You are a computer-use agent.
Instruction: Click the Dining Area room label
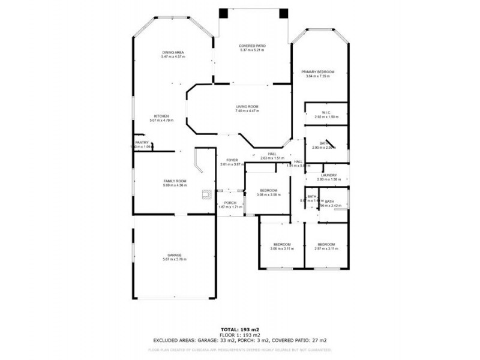[172, 52]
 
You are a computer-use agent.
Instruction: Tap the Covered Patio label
[252, 46]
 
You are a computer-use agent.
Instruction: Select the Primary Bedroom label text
[317, 72]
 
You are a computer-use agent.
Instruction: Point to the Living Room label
[247, 107]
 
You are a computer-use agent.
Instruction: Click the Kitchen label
[161, 116]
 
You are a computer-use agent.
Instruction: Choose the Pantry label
[142, 143]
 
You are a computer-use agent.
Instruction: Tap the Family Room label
[175, 181]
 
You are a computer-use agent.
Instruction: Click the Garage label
[175, 255]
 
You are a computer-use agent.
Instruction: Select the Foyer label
[232, 160]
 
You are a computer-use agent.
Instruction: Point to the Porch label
[230, 203]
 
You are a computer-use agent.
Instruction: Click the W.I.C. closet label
[326, 113]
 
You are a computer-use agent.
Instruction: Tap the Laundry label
[328, 175]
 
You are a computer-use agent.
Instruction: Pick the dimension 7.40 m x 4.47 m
[247, 111]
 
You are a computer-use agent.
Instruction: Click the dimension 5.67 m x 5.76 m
[175, 259]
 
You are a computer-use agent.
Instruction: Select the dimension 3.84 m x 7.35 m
[317, 76]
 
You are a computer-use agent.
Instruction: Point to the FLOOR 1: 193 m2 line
[239, 335]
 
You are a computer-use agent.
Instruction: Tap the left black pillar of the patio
[223, 13]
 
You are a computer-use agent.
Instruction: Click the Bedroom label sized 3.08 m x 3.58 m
[268, 190]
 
